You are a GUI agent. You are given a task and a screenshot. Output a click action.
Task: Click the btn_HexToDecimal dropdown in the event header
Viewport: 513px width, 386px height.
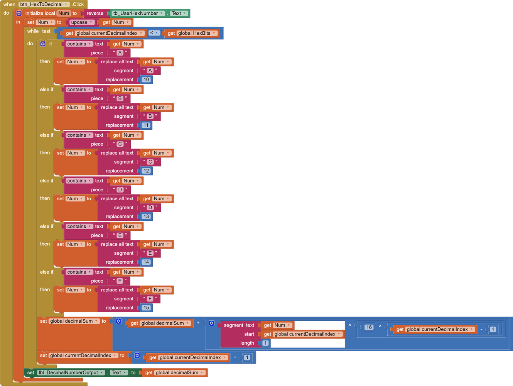[x=44, y=4]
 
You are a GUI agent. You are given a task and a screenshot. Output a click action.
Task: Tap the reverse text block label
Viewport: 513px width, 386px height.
[x=95, y=13]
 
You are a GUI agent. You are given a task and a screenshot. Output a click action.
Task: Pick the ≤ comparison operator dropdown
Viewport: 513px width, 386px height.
[x=154, y=33]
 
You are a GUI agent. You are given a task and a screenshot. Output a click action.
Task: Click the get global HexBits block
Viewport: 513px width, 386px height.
[x=191, y=33]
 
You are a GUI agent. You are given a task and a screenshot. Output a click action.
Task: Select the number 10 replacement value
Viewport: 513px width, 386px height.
[x=146, y=80]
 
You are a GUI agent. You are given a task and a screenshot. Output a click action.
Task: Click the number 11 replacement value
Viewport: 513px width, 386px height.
[x=146, y=125]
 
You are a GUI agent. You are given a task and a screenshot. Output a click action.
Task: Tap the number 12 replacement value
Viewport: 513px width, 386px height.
[x=146, y=171]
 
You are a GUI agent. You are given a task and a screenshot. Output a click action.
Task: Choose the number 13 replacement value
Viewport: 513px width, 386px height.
[x=146, y=217]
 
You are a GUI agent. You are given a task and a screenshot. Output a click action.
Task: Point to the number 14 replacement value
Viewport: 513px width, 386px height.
[x=146, y=262]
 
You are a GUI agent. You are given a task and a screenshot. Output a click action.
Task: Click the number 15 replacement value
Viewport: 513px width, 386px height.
[x=146, y=308]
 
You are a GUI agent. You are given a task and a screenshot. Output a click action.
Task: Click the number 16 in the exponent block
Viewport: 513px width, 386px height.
[x=369, y=327]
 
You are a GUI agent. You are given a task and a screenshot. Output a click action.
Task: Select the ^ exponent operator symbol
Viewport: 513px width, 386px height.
[x=380, y=327]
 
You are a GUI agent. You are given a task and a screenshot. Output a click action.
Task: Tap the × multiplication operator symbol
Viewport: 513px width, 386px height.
[x=350, y=325]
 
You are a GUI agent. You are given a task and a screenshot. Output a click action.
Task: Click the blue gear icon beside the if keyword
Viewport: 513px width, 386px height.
[x=43, y=44]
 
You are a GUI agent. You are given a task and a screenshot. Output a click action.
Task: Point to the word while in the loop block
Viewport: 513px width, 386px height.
[x=33, y=31]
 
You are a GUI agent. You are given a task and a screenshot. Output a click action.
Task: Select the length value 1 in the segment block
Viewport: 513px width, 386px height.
[x=265, y=343]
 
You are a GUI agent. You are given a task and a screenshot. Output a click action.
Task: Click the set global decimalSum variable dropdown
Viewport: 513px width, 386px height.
[x=74, y=321]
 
